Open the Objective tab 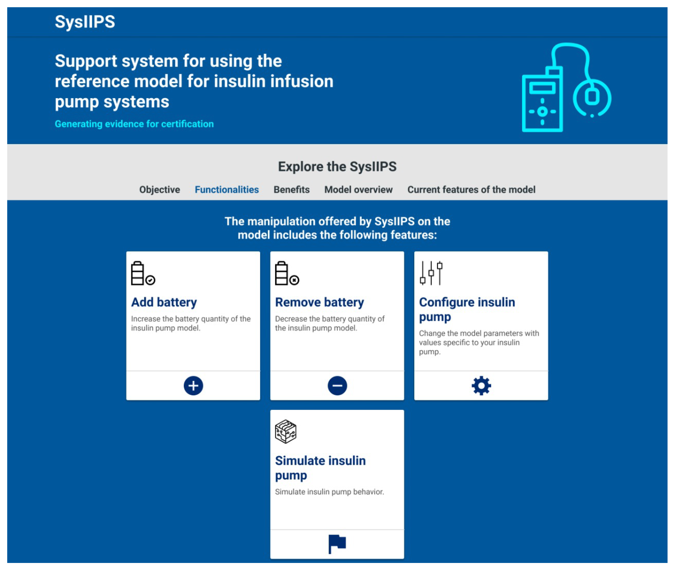159,190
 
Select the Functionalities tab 227,190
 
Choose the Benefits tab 291,190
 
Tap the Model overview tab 358,190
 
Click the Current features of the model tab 471,190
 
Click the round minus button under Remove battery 337,385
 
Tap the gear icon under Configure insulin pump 481,385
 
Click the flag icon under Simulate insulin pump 337,544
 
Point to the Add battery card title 164,302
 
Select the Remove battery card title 320,302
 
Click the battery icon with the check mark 143,273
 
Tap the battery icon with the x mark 287,273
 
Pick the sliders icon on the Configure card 431,273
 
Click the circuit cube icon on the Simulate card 286,432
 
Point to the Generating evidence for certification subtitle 134,124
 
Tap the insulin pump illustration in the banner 567,87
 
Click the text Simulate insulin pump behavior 329,492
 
